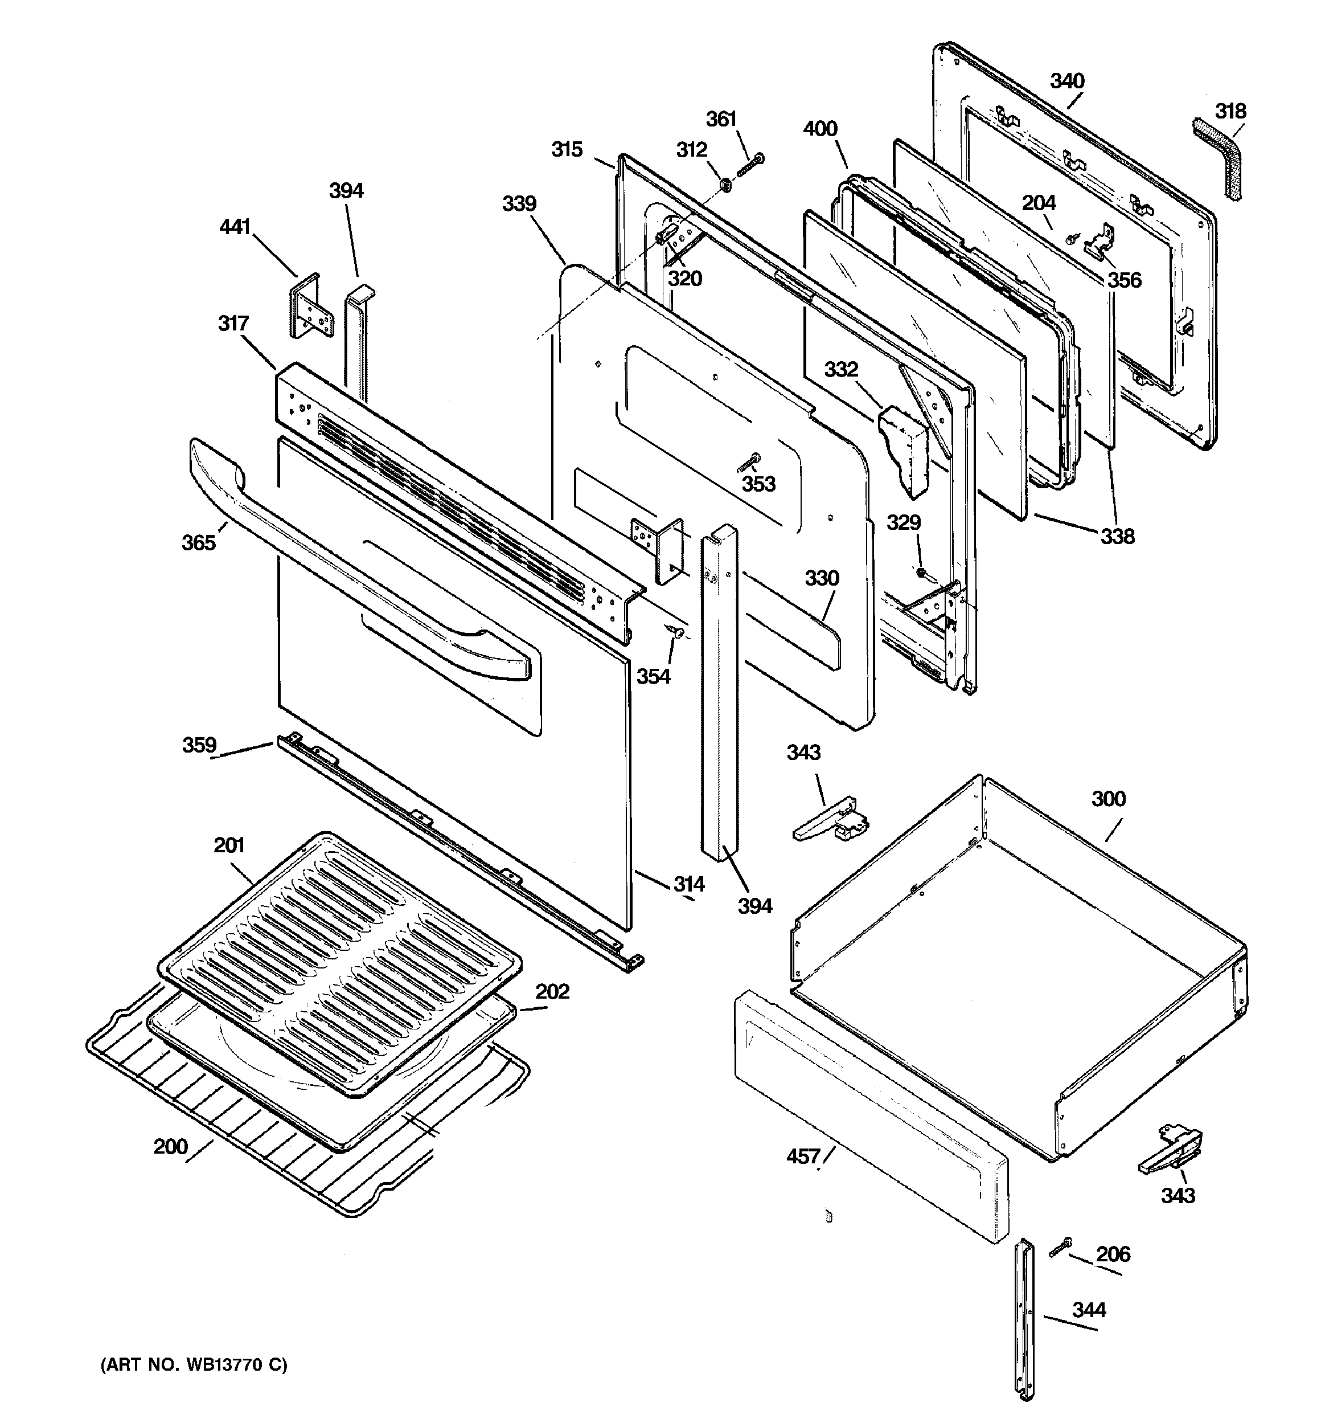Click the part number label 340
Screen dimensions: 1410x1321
point(1067,81)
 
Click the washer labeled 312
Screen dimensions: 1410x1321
point(726,185)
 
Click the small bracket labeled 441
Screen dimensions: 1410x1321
point(310,307)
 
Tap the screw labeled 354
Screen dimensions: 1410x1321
point(674,631)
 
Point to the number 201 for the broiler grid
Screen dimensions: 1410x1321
point(229,845)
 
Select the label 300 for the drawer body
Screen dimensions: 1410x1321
point(1108,799)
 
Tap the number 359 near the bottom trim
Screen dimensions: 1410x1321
point(199,745)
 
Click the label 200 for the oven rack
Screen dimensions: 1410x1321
point(171,1147)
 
